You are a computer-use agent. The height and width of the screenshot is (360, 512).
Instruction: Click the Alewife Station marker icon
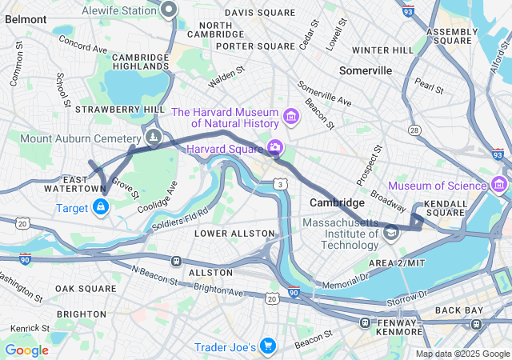coord(168,10)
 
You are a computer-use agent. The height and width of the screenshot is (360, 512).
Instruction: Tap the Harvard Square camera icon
coord(274,147)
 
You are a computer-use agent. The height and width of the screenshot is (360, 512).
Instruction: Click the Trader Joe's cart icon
coord(268,346)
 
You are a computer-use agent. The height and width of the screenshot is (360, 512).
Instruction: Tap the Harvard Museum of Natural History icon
coord(290,118)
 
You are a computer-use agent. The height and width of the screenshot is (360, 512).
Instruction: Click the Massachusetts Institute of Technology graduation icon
coord(391,233)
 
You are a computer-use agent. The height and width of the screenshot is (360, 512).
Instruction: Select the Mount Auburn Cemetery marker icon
coord(154,138)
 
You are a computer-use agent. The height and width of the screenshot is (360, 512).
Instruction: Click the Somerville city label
coord(366,70)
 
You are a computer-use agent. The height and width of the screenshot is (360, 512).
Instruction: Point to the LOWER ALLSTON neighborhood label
coord(234,233)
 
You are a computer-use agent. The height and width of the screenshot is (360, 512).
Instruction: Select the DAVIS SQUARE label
coord(260,13)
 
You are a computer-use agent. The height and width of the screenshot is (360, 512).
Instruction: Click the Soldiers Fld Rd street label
coord(181,217)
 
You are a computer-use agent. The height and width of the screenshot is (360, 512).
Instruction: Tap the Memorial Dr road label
coord(344,281)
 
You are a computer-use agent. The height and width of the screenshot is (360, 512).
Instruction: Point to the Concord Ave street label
coord(82,44)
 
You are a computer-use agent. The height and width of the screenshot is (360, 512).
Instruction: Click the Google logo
coord(26,350)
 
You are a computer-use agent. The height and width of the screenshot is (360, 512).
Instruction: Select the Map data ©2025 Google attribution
coord(462,354)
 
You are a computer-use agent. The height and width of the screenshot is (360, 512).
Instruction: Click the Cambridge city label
coord(337,202)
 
